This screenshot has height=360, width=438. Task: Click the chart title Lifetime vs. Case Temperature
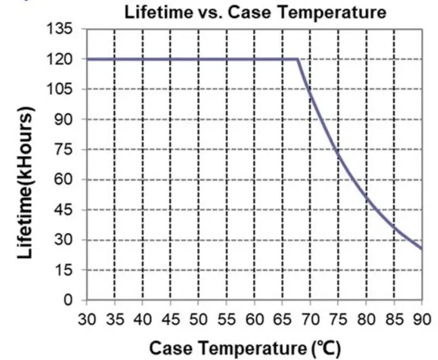pos(255,12)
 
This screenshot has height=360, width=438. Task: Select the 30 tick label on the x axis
pos(86,318)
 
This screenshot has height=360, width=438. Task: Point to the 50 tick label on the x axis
pos(198,318)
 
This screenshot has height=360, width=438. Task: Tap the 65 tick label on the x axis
pos(282,318)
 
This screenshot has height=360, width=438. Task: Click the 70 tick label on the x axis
pos(310,318)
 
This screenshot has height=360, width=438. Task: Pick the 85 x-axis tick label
pos(394,318)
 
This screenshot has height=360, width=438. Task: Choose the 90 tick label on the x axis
pos(422,318)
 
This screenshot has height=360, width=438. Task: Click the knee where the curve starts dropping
pos(297,59)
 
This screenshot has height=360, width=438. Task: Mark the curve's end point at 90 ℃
pos(422,249)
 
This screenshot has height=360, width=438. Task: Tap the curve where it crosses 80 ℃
pos(366,200)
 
